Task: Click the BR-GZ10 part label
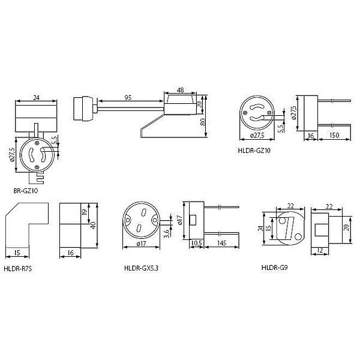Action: [25, 191]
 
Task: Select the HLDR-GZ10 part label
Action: [254, 151]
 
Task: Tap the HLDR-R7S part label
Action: [18, 269]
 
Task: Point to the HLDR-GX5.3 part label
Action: [141, 268]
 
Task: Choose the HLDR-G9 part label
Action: [274, 268]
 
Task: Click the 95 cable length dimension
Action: [128, 98]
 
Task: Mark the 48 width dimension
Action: [180, 90]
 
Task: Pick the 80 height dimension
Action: [203, 122]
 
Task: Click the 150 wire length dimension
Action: [334, 135]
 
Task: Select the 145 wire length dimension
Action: [221, 243]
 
